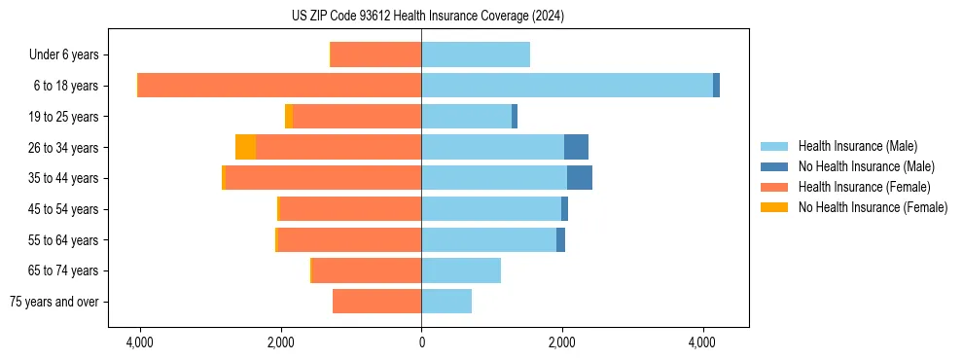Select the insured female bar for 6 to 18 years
click(280, 86)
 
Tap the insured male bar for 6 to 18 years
click(567, 86)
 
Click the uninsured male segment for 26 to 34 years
click(576, 147)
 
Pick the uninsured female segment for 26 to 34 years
click(245, 147)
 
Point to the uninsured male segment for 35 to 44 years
click(580, 178)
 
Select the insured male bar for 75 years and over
click(446, 302)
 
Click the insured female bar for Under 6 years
click(376, 54)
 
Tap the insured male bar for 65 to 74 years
click(461, 270)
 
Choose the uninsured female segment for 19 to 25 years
click(289, 117)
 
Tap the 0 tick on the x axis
click(421, 342)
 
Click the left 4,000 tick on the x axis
click(140, 342)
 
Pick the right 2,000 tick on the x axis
click(562, 342)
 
